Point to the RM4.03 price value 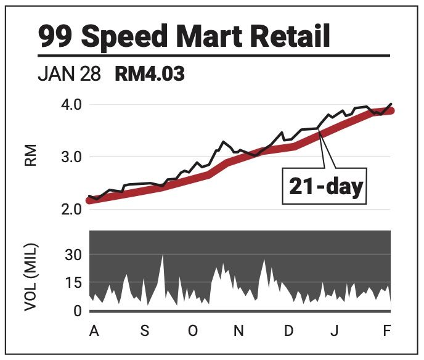(x=150, y=75)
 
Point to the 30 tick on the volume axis (x=73, y=255)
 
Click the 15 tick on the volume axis (x=73, y=284)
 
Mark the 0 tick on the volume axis (x=77, y=311)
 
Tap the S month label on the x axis (x=144, y=331)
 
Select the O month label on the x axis (x=192, y=331)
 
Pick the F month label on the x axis (x=387, y=331)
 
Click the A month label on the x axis (x=94, y=331)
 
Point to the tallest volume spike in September (x=162, y=256)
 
